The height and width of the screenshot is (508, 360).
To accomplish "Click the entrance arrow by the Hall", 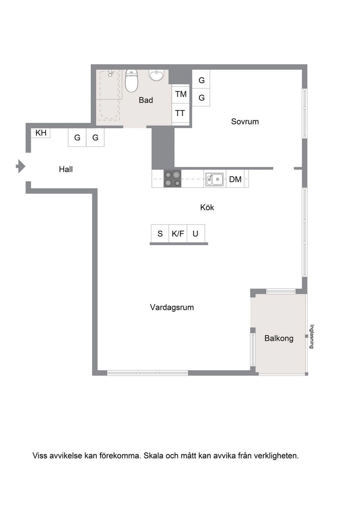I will [21, 166].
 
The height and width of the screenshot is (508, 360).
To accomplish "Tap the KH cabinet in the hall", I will [40, 133].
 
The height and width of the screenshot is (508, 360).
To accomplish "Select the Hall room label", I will [66, 169].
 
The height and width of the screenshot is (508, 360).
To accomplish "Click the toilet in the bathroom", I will [131, 81].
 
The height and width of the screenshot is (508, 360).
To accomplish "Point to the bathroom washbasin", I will [156, 75].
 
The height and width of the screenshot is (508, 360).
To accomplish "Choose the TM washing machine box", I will [181, 94].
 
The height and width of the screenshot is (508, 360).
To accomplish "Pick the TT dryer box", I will [180, 113].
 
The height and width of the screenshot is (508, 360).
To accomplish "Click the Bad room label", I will [146, 100].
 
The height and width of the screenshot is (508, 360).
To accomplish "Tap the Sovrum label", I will [245, 122].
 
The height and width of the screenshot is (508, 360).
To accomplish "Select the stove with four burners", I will [172, 179].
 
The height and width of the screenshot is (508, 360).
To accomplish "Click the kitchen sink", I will [214, 179].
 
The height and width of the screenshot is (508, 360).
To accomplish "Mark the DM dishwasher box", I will [235, 179].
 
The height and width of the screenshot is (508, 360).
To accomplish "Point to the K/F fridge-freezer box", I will [178, 234].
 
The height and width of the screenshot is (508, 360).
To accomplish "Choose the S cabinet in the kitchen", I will [160, 234].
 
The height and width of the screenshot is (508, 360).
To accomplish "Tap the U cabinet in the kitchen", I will [195, 234].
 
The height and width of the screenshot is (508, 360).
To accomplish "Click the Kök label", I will [207, 207].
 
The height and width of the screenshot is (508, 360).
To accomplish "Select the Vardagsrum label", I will [172, 307].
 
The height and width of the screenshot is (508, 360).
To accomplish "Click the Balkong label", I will [279, 338].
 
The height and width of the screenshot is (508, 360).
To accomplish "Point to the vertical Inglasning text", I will [311, 337].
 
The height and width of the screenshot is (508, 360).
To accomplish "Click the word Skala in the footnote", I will [153, 456].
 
